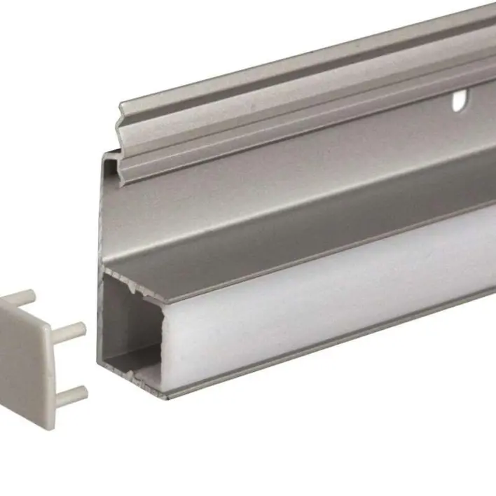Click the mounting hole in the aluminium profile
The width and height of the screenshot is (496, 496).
click(459, 102)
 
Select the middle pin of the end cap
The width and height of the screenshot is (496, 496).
click(71, 328)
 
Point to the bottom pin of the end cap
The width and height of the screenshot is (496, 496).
click(72, 396)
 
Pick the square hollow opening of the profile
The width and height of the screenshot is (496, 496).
click(133, 329)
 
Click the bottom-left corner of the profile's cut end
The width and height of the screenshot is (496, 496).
click(100, 364)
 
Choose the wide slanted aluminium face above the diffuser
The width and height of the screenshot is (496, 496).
click(280, 210)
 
